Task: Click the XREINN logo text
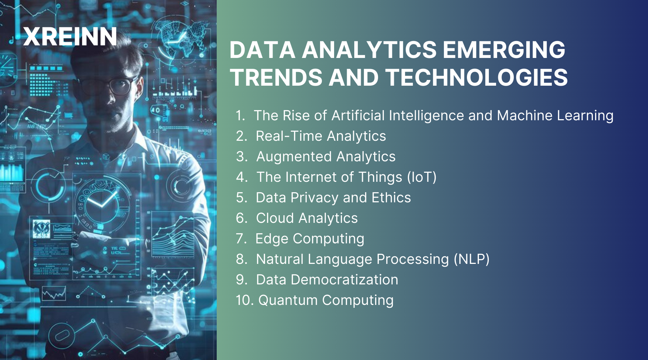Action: [x=70, y=37]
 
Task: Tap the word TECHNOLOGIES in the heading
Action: [x=477, y=77]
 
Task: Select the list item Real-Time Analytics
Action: [x=320, y=136]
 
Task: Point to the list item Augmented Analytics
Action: [x=325, y=157]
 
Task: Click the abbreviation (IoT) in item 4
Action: [x=422, y=177]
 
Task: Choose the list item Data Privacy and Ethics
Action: [x=333, y=198]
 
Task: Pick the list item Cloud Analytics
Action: [x=307, y=218]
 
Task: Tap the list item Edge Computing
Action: [x=310, y=239]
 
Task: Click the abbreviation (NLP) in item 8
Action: [x=471, y=259]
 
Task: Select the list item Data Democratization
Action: [x=327, y=280]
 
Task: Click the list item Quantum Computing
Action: [x=326, y=300]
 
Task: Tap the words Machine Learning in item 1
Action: [x=555, y=116]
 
